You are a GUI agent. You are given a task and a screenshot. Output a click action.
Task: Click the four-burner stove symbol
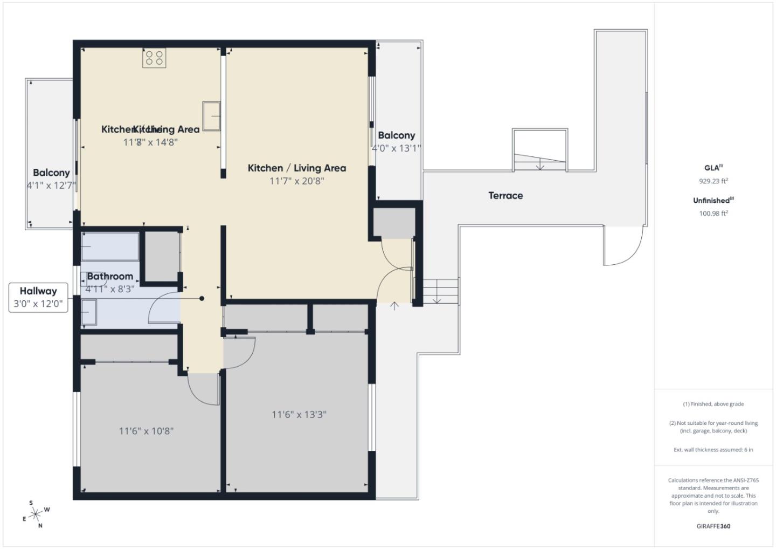pyautogui.click(x=154, y=58)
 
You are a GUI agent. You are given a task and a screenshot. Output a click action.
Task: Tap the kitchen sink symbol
pyautogui.click(x=212, y=116)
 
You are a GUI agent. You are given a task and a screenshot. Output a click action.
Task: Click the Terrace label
pyautogui.click(x=505, y=196)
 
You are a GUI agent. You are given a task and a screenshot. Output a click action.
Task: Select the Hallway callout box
pyautogui.click(x=38, y=297)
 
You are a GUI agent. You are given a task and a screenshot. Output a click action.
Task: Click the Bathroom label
pyautogui.click(x=110, y=276)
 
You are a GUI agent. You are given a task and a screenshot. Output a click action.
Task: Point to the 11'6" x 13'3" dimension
pyautogui.click(x=299, y=415)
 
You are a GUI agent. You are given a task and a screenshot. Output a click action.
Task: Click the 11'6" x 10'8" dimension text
pyautogui.click(x=146, y=431)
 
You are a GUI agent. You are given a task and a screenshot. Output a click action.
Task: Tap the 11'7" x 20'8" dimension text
pyautogui.click(x=297, y=181)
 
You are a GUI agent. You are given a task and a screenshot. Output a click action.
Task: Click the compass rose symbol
pyautogui.click(x=37, y=514)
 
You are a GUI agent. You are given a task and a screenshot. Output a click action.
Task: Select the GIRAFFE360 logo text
pyautogui.click(x=713, y=526)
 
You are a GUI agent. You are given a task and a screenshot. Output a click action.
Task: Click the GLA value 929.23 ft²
pyautogui.click(x=713, y=181)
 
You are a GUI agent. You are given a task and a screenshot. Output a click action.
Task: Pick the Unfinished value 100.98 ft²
pyautogui.click(x=713, y=213)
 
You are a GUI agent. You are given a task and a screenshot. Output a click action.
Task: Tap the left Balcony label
pyautogui.click(x=51, y=173)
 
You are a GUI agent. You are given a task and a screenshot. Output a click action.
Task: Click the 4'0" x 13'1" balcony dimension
pyautogui.click(x=396, y=148)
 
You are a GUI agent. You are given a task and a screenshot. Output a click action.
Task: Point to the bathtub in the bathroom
pyautogui.click(x=110, y=246)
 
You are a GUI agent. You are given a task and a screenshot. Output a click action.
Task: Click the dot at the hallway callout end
pyautogui.click(x=202, y=298)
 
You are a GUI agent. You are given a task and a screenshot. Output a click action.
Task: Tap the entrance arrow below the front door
pyautogui.click(x=394, y=306)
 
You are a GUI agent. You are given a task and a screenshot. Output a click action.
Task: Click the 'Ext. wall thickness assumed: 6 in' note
pyautogui.click(x=713, y=450)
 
